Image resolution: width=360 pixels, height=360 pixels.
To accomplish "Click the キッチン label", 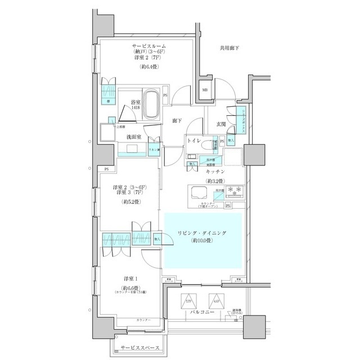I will click(x=215, y=170).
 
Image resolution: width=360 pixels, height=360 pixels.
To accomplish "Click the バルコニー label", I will click(x=202, y=311).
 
